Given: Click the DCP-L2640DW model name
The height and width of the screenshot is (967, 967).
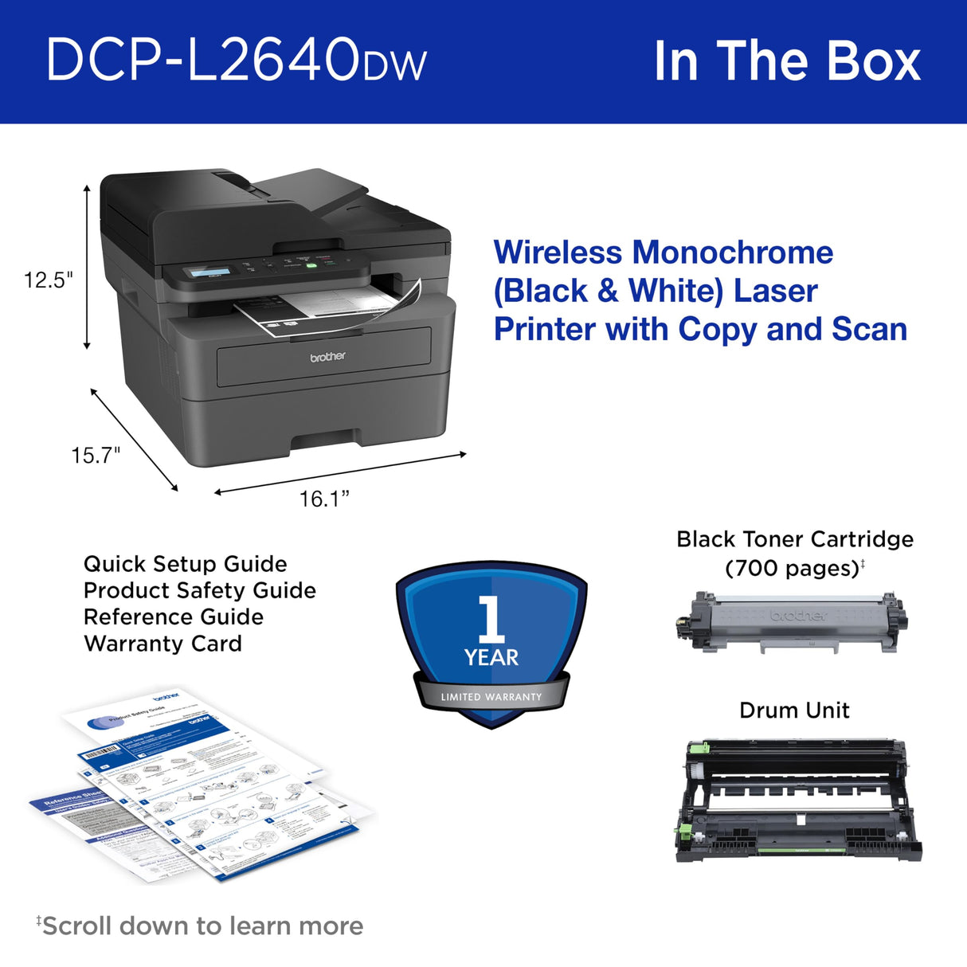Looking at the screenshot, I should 236,61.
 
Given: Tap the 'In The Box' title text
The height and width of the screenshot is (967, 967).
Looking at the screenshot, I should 786,61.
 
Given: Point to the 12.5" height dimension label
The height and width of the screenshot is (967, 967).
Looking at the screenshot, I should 48,280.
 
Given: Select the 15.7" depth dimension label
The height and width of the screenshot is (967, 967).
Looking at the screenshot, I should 96,456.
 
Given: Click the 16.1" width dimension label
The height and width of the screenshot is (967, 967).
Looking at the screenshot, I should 324,499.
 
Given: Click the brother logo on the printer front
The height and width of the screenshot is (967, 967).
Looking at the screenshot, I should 327,357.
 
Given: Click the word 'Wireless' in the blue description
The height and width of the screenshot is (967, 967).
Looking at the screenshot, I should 558,253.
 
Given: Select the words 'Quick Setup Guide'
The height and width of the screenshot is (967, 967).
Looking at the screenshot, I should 185,564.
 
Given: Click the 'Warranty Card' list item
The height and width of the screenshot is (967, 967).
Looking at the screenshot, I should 162,644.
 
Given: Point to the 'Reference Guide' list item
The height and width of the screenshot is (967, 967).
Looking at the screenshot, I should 173,617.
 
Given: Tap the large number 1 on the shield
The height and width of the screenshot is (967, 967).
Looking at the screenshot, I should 491,619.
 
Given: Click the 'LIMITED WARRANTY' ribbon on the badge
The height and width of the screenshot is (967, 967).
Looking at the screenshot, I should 491,697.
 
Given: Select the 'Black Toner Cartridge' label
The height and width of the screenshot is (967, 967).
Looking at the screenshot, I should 794,540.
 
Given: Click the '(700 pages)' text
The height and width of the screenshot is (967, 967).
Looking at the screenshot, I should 792,569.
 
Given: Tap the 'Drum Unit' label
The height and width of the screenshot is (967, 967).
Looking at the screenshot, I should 794,711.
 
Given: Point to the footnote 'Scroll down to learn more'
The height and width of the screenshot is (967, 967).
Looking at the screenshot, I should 202,926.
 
